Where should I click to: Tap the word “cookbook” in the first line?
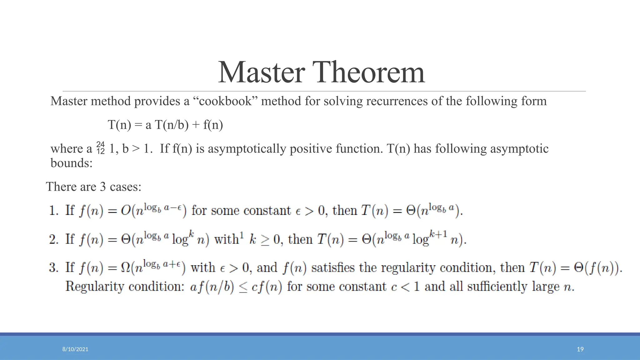pos(225,101)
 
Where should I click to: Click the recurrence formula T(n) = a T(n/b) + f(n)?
pos(165,125)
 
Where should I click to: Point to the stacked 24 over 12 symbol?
pos(101,148)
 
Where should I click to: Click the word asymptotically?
pos(247,149)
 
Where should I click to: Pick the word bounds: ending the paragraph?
pos(72,163)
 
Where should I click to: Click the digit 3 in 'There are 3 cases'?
pos(103,187)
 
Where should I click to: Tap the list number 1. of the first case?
pos(54,211)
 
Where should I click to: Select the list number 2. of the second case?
pos(54,239)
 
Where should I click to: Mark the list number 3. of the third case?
pos(54,268)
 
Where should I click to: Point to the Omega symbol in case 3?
pos(126,268)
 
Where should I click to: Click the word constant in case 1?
pos(267,211)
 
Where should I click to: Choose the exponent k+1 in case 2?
pos(438,234)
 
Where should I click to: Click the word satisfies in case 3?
pos(333,268)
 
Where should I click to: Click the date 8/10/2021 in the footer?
pos(75,349)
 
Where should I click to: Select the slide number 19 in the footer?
pos(580,349)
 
